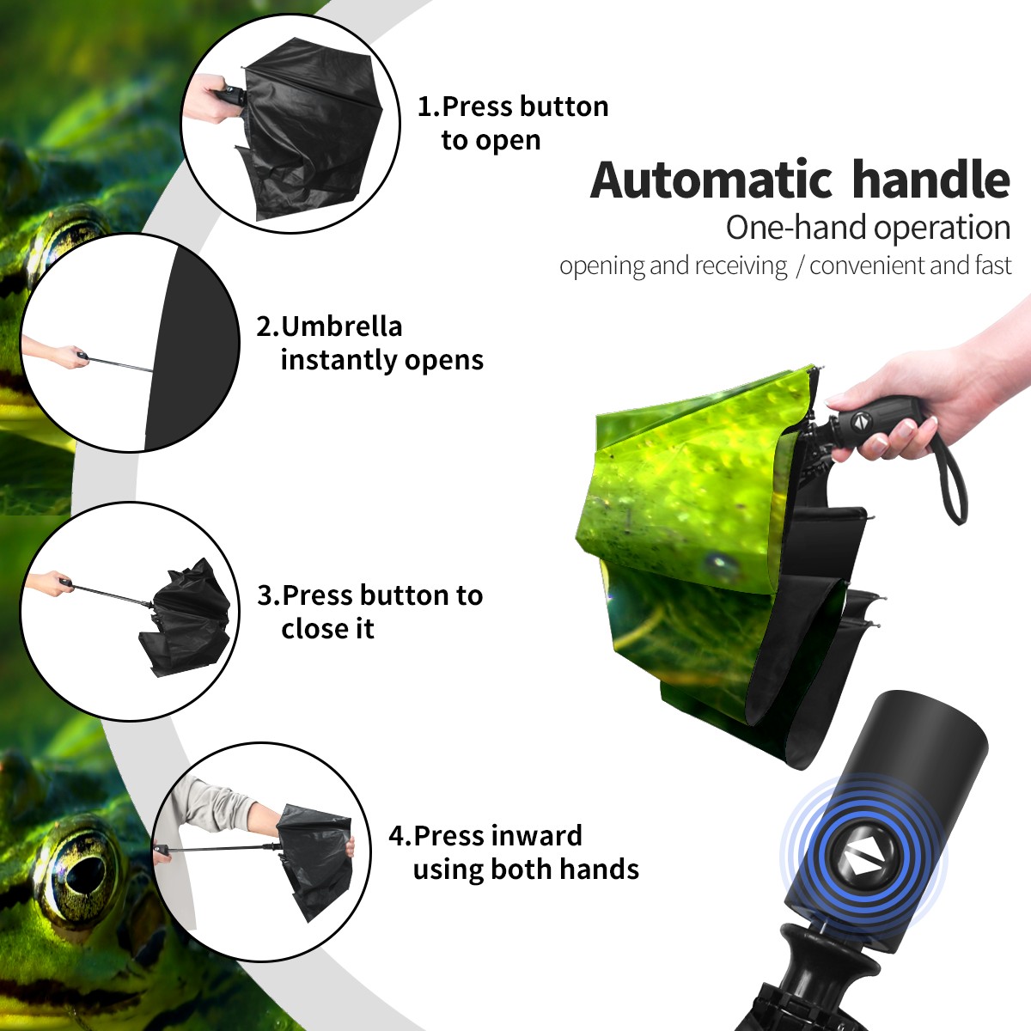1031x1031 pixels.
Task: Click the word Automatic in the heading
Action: click(711, 180)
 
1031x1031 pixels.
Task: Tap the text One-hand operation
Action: click(868, 228)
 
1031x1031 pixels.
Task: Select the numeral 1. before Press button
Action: click(429, 107)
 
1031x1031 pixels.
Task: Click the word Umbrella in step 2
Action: click(341, 326)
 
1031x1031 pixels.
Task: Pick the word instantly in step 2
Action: click(339, 360)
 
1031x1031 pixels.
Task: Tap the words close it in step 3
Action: click(327, 629)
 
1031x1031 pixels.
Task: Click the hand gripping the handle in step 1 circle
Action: click(206, 99)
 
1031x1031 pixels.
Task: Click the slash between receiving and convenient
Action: click(799, 266)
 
